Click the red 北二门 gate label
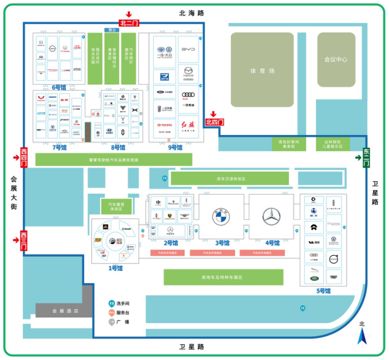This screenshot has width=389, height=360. point(129,24)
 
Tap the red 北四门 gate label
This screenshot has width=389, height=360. point(214,122)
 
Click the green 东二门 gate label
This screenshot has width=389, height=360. point(366,158)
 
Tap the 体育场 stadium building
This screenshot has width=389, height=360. point(263,71)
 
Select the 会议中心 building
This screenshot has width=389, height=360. point(336,59)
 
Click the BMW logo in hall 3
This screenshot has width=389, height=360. point(222,216)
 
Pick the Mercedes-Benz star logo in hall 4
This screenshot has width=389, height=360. point(272,216)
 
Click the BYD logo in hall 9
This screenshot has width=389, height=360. point(188,49)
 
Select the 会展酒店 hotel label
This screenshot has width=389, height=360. point(65,311)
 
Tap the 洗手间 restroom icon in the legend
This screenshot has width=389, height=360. point(112,303)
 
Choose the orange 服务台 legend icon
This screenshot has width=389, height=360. point(112,313)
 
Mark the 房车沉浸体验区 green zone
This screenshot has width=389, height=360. point(230,179)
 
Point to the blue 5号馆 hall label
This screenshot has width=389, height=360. point(323,291)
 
